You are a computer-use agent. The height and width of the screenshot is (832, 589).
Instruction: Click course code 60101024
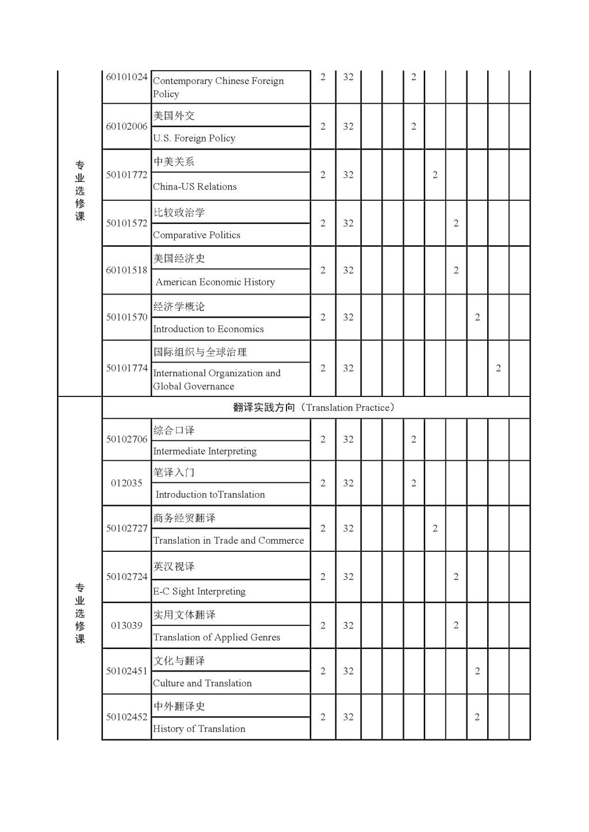pyautogui.click(x=127, y=77)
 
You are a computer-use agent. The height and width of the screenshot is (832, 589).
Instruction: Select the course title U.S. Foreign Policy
pyautogui.click(x=194, y=138)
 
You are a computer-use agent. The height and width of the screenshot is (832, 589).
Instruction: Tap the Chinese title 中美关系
pyautogui.click(x=174, y=162)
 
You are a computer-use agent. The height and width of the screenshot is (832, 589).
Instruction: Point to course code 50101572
pyautogui.click(x=127, y=223)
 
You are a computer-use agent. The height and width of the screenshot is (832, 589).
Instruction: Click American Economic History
pyautogui.click(x=215, y=282)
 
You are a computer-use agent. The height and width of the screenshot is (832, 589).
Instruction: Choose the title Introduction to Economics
pyautogui.click(x=208, y=329)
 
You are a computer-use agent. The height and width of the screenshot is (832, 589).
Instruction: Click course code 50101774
pyautogui.click(x=127, y=368)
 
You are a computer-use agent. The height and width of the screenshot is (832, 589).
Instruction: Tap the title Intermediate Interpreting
pyautogui.click(x=205, y=451)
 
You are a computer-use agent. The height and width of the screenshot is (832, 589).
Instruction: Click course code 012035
pyautogui.click(x=127, y=483)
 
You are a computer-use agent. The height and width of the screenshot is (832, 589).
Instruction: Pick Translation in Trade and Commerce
pyautogui.click(x=228, y=540)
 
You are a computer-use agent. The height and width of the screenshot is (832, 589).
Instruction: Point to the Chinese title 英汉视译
pyautogui.click(x=174, y=567)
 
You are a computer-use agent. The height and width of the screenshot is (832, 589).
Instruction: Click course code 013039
pyautogui.click(x=127, y=625)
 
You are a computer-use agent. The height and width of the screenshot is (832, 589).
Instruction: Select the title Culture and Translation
pyautogui.click(x=202, y=683)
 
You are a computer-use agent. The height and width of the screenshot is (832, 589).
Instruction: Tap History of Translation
pyautogui.click(x=199, y=729)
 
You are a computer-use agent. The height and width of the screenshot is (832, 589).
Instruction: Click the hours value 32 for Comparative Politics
pyautogui.click(x=348, y=223)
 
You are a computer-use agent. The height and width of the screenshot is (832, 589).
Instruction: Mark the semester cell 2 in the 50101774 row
pyautogui.click(x=498, y=368)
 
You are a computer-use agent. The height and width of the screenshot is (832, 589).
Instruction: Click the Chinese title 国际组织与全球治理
pyautogui.click(x=200, y=352)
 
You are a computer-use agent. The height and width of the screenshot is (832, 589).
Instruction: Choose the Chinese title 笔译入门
pyautogui.click(x=174, y=472)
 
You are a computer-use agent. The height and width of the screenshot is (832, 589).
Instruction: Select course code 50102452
pyautogui.click(x=127, y=717)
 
